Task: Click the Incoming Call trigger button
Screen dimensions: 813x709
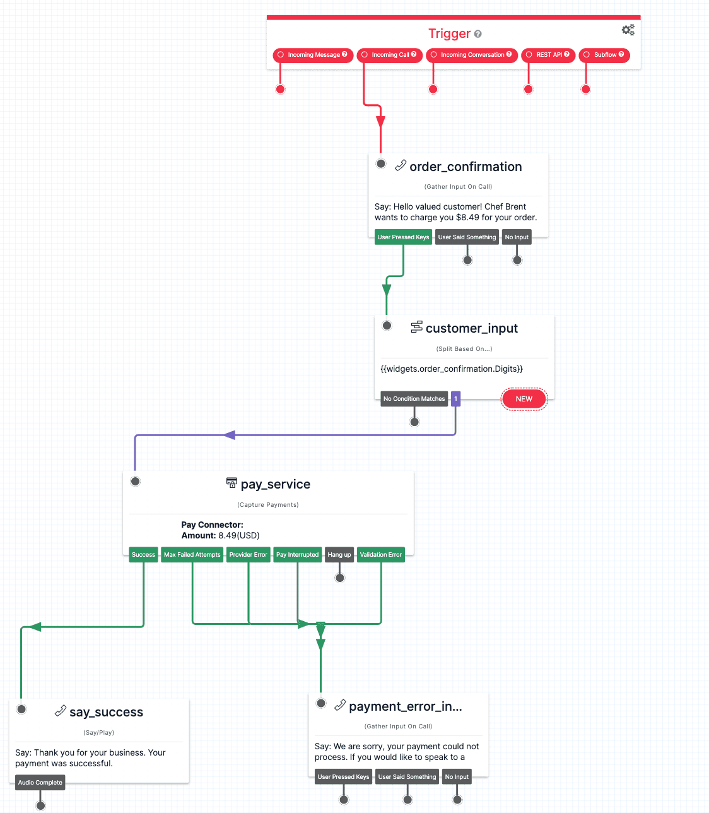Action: click(x=390, y=55)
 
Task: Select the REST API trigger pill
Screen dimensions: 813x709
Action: click(x=548, y=55)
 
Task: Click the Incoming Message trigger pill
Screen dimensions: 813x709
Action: click(x=313, y=55)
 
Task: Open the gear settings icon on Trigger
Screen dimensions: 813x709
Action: click(x=628, y=30)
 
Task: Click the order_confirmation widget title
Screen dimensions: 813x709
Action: click(x=466, y=167)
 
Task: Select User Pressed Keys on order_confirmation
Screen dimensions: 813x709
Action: click(x=403, y=237)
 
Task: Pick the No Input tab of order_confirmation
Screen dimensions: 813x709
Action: click(x=517, y=237)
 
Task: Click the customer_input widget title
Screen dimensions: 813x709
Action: click(x=471, y=328)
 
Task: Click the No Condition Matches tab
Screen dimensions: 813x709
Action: click(x=414, y=399)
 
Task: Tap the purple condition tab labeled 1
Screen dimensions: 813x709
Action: click(x=455, y=399)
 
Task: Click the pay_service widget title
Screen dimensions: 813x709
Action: click(x=275, y=484)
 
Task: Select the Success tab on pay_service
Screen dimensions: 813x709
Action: click(x=143, y=555)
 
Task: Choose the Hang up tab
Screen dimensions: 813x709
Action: click(x=339, y=555)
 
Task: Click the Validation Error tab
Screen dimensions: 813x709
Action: click(x=380, y=555)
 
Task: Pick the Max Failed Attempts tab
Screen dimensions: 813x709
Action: click(x=192, y=555)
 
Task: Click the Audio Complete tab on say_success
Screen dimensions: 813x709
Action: click(x=40, y=783)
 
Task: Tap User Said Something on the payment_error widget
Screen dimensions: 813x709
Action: click(x=407, y=777)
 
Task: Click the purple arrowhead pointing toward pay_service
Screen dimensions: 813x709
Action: click(x=230, y=435)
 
